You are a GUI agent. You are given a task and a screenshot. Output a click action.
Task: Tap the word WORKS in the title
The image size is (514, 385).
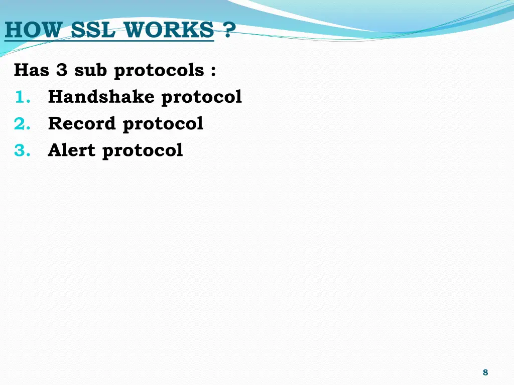pos(170,31)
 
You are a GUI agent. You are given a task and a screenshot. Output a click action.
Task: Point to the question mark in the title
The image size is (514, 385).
pos(228,31)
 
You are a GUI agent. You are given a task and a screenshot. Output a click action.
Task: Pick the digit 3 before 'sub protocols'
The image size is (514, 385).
pos(62,70)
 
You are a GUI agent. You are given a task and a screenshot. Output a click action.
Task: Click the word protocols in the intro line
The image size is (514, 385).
pos(159,71)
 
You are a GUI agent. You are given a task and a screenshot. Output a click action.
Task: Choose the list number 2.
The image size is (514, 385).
pos(22,124)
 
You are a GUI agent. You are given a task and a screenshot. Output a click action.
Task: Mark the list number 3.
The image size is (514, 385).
pos(22,150)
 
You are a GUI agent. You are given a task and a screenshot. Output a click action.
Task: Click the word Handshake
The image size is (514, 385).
pos(101,97)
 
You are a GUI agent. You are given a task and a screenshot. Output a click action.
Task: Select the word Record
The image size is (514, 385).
pos(82,124)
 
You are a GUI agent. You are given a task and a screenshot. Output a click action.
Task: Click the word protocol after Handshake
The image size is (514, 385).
pos(201,98)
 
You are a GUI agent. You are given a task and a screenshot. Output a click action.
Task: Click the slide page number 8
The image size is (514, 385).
pos(485,372)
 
